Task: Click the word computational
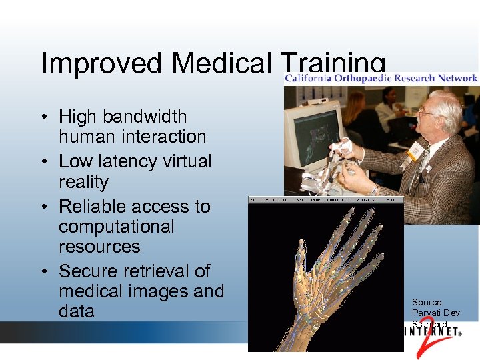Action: (117, 227)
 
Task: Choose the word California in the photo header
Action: (311, 78)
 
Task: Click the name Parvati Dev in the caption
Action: (435, 313)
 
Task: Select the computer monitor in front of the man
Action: (314, 133)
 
